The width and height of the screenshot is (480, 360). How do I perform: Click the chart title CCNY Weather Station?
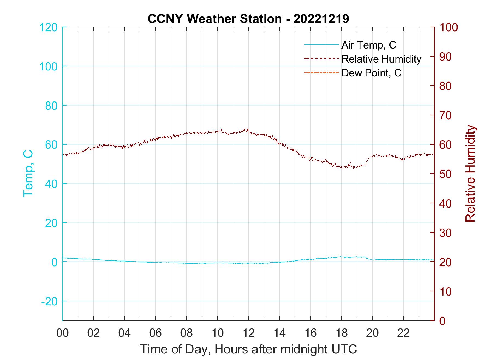tap(248, 19)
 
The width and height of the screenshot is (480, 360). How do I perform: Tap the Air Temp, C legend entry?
tap(368, 45)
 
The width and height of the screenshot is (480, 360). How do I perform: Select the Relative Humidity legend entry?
tap(381, 59)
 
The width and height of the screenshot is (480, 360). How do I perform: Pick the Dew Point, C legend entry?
tap(371, 73)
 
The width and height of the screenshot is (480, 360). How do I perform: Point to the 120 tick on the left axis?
tap(48, 27)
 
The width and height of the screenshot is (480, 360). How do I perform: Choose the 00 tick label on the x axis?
tap(63, 333)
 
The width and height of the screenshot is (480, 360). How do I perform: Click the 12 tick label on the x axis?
tap(249, 333)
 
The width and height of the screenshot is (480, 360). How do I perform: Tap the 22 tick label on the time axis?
tap(403, 333)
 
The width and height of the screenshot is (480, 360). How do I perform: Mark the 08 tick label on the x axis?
tap(187, 333)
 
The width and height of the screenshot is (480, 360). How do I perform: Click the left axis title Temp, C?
tap(28, 174)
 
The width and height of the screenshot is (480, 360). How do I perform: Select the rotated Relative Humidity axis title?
tap(470, 174)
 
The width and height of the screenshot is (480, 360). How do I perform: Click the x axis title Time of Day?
tap(248, 349)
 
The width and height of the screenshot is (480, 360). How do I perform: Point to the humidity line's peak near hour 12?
tap(247, 129)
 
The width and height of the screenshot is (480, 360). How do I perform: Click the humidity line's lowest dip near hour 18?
tap(342, 168)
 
